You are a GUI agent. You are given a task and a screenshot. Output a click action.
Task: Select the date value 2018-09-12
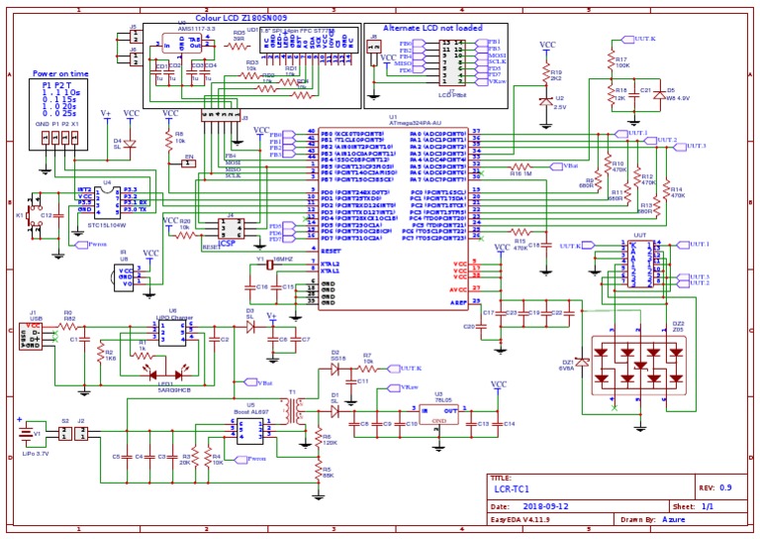coord(542,505)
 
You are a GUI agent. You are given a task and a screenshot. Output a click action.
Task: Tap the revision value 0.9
coord(726,487)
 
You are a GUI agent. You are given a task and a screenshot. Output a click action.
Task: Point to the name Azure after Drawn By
coord(676,518)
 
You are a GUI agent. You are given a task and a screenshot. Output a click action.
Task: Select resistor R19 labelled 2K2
coord(544,75)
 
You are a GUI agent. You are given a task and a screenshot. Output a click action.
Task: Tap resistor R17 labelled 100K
coord(611,62)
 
